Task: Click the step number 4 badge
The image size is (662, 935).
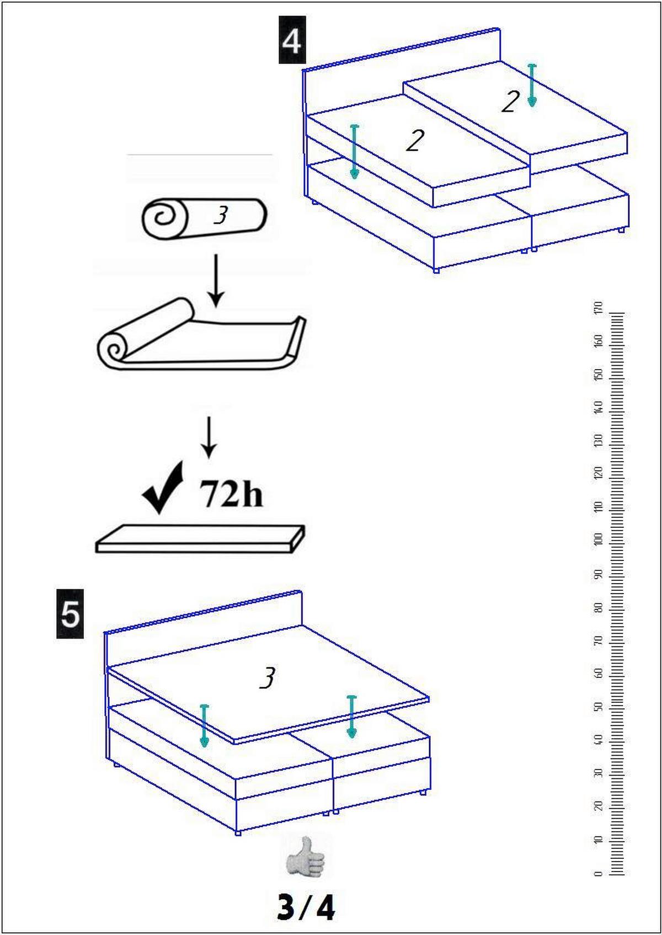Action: [292, 40]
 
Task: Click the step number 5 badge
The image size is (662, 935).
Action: [70, 613]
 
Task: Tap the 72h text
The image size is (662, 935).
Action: [232, 493]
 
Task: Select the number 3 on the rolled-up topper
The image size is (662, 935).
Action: [221, 216]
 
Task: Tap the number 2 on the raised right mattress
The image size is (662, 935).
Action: [510, 101]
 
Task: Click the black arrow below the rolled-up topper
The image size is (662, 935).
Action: [216, 280]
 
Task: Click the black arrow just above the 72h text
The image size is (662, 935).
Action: [209, 437]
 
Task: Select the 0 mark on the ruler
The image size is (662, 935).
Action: [600, 873]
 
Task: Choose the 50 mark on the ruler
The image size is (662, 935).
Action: [600, 707]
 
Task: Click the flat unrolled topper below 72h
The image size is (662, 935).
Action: [200, 539]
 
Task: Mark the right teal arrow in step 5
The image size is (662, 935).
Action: [351, 717]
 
